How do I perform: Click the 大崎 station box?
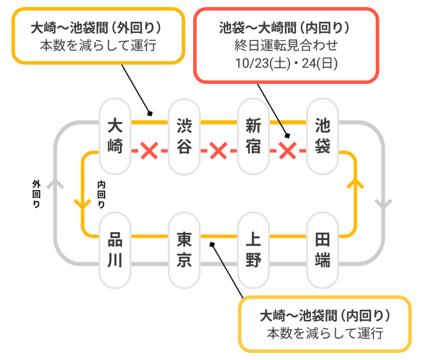click(x=115, y=136)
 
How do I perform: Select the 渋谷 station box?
click(x=184, y=136)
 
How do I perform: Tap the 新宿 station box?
click(x=254, y=136)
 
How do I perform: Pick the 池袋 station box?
click(x=323, y=136)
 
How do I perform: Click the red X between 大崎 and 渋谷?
click(x=149, y=152)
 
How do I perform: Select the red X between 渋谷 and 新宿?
click(x=219, y=152)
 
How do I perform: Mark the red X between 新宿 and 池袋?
click(x=288, y=152)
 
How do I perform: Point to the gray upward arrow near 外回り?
click(x=56, y=184)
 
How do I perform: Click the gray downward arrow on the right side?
click(x=383, y=204)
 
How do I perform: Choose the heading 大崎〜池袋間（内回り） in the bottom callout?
click(x=325, y=316)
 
